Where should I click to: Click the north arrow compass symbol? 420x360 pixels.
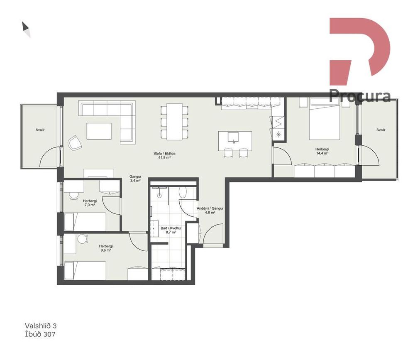26,29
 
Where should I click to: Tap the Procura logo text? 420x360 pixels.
360,96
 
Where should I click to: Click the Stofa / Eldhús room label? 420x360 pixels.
164,154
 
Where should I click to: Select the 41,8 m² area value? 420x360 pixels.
164,158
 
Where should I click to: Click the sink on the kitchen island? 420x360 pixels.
233,137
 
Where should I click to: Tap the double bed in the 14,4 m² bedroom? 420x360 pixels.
325,119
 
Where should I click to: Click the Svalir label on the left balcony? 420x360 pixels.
40,130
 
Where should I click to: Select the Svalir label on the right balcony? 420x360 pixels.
381,130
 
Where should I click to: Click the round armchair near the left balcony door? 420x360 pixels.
75,143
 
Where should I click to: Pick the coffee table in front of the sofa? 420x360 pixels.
99,131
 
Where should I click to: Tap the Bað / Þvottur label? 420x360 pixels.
171,228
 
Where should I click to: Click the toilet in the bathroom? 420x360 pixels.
183,193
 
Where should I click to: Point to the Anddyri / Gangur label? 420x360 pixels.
210,208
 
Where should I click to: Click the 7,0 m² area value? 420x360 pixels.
90,205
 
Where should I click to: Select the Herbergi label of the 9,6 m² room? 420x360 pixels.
106,246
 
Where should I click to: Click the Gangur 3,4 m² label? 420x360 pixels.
135,179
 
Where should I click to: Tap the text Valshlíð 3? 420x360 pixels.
41,326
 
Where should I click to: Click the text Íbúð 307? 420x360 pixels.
40,334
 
